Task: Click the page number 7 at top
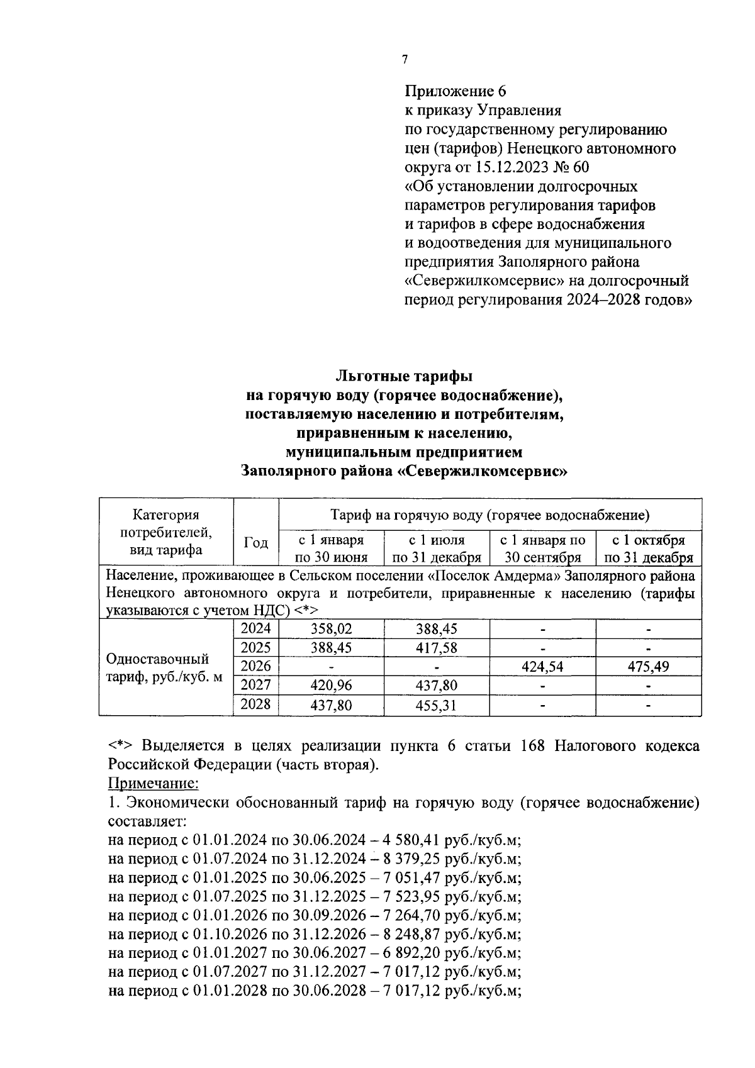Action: [405, 60]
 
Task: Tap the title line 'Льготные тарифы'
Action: [404, 376]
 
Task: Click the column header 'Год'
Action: [255, 542]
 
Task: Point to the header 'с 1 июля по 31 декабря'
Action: [437, 548]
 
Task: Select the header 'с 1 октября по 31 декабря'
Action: [648, 548]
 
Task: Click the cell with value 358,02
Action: [331, 628]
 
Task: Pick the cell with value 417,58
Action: [436, 648]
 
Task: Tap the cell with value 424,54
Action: [542, 667]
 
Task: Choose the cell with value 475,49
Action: [648, 667]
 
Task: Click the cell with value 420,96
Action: [331, 686]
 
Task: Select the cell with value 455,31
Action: [436, 705]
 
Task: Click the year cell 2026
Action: [255, 666]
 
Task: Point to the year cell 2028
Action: [255, 704]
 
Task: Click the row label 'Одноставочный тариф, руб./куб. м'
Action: [165, 668]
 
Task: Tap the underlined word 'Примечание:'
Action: [154, 783]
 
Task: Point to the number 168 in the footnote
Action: [535, 746]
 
